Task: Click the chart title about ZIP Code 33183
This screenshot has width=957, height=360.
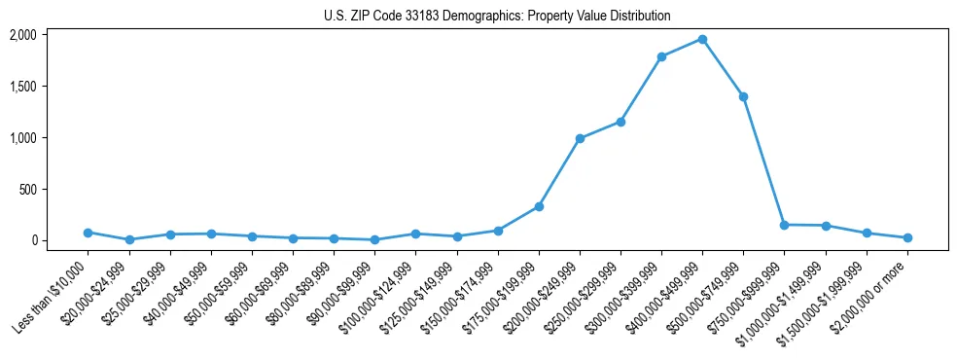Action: click(497, 16)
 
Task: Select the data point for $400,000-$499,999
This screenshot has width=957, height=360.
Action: click(702, 39)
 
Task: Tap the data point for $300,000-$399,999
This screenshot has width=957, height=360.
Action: click(661, 56)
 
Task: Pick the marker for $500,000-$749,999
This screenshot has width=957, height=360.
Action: click(743, 96)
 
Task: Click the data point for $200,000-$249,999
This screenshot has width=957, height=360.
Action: click(580, 138)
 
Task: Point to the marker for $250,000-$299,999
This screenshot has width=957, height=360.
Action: click(620, 122)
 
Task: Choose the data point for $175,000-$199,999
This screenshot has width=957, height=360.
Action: click(539, 206)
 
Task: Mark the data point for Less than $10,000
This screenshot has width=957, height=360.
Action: click(88, 233)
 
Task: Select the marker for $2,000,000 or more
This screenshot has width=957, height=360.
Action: click(907, 237)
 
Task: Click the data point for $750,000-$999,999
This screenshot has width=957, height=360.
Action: click(784, 225)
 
